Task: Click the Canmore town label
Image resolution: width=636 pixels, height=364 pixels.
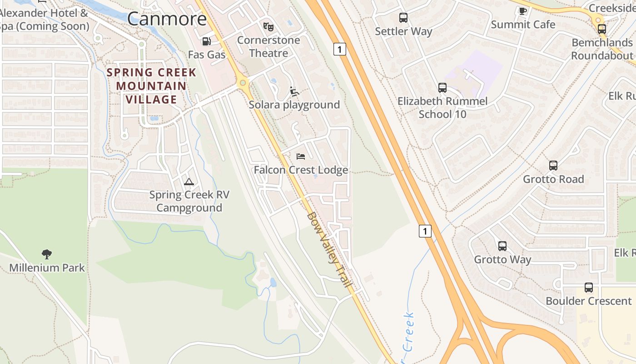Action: click(x=167, y=19)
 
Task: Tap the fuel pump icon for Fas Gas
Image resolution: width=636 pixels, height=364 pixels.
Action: click(x=206, y=41)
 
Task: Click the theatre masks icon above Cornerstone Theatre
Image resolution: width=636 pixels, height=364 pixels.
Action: click(x=268, y=27)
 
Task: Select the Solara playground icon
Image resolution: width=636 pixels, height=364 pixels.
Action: click(x=294, y=91)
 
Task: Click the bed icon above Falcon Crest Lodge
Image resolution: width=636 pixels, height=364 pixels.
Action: click(x=301, y=157)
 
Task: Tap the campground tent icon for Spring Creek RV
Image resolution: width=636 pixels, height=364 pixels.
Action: click(x=189, y=182)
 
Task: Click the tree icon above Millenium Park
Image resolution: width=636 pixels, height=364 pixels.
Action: click(x=46, y=254)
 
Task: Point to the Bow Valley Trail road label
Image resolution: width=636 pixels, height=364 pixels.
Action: click(x=329, y=249)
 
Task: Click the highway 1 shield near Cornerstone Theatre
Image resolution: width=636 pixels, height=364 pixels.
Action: click(x=339, y=49)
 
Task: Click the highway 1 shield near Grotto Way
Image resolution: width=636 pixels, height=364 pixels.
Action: click(x=425, y=231)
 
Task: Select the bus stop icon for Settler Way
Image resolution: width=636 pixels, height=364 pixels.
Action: click(x=403, y=18)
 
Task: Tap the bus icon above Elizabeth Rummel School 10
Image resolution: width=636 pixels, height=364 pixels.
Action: click(x=442, y=87)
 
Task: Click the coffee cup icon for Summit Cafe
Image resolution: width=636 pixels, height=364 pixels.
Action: click(x=522, y=10)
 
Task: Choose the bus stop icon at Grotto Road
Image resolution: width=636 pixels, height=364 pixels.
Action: click(x=553, y=166)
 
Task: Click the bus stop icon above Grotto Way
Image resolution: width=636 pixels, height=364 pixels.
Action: click(x=502, y=246)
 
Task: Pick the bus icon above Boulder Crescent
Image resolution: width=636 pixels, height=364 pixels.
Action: click(x=588, y=288)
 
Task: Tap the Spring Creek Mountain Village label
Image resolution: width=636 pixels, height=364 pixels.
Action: click(x=151, y=86)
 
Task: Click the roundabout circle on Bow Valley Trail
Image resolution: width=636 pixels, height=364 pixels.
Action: click(x=243, y=83)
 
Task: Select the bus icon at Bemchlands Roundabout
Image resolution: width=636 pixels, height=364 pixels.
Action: click(x=601, y=29)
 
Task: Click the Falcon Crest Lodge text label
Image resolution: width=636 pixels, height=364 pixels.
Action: click(x=301, y=170)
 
